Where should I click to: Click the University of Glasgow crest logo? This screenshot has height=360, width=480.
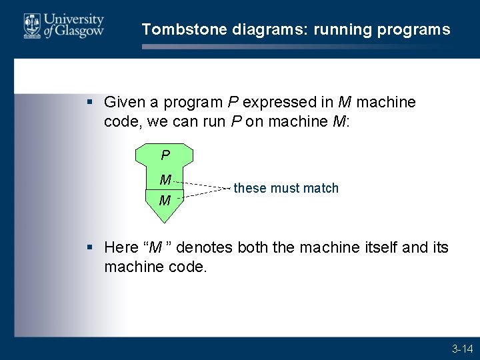click(x=31, y=26)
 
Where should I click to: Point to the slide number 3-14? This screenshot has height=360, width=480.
click(x=462, y=349)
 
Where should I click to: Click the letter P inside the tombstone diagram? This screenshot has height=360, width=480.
click(x=165, y=155)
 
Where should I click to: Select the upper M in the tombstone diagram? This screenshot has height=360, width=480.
click(x=165, y=179)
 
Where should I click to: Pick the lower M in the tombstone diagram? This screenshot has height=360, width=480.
click(x=164, y=200)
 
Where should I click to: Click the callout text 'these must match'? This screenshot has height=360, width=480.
click(x=286, y=189)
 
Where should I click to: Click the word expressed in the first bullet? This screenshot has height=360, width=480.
click(x=274, y=103)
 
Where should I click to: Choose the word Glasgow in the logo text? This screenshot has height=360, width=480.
click(x=82, y=31)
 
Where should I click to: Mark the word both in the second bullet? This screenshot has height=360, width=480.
click(x=249, y=248)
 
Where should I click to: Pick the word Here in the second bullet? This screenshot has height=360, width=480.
click(x=121, y=248)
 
